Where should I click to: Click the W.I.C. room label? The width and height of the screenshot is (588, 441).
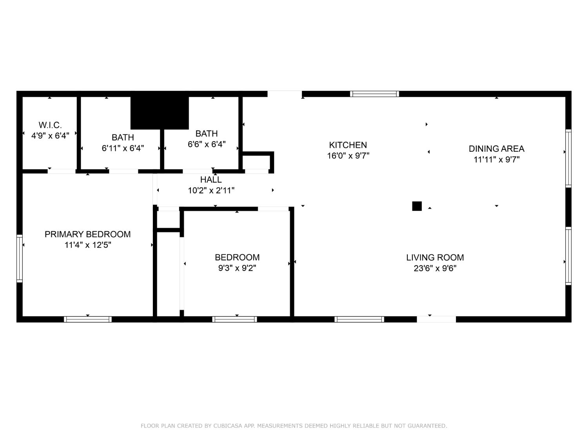pos(50,125)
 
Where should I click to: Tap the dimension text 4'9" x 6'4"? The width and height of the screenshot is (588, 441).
pos(50,136)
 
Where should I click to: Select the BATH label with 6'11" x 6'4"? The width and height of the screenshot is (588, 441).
pos(123,138)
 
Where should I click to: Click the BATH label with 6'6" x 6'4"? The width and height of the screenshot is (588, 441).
pos(207,134)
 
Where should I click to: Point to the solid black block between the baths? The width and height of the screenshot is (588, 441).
pos(160,113)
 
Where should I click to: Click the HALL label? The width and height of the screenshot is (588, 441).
pos(211,180)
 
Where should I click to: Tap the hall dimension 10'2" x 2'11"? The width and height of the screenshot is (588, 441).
pos(211,191)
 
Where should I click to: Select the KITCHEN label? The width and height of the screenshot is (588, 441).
pos(348,145)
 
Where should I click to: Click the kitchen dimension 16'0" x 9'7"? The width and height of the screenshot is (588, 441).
pos(348,156)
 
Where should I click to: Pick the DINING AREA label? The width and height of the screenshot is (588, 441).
pos(496,149)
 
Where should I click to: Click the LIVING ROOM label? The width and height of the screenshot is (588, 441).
pos(435,258)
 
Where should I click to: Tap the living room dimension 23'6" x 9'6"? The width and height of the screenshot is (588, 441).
pos(435,269)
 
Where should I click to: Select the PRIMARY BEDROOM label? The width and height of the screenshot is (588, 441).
pos(87,234)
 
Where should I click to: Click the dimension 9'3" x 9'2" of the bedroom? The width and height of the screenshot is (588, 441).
pos(237,268)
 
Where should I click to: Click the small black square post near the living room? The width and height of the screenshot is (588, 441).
pos(417,206)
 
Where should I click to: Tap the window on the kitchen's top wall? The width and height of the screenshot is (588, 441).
pos(374,94)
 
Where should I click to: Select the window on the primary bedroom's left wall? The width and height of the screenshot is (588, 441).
pos(19,258)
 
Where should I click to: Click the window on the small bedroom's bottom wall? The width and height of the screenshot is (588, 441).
pos(234,319)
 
